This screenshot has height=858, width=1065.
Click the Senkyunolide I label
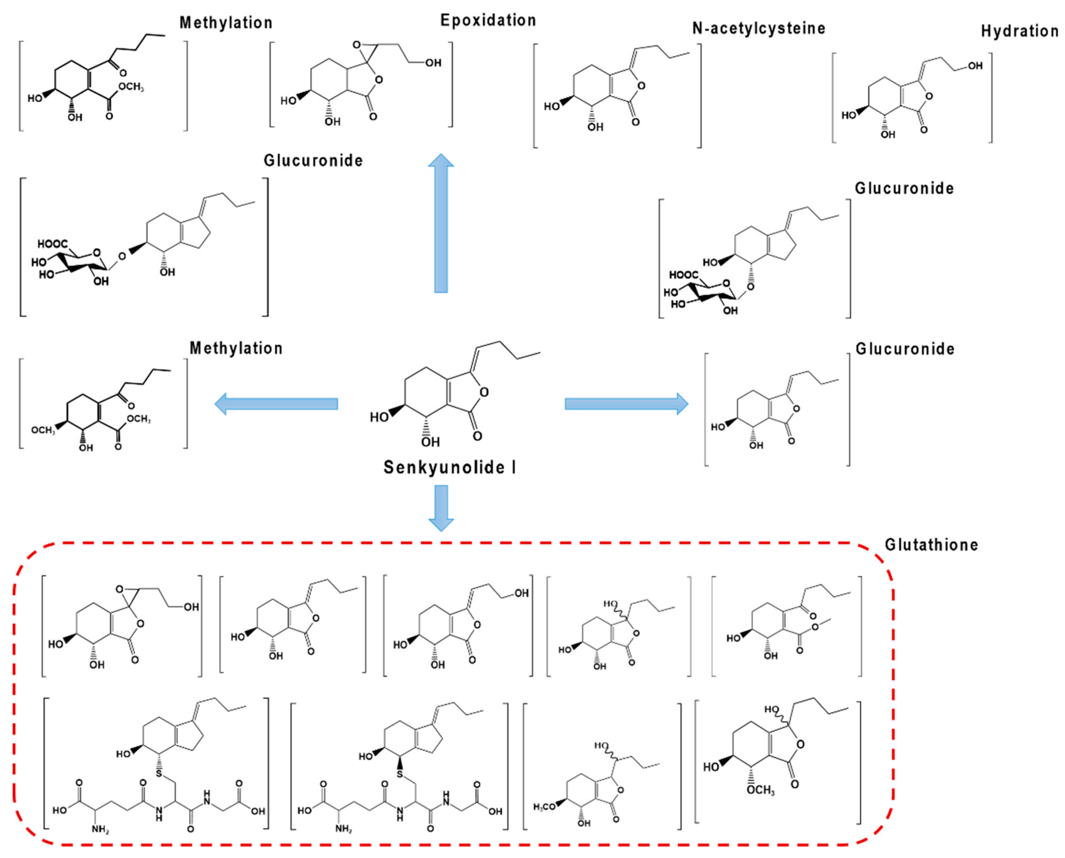[x=449, y=467]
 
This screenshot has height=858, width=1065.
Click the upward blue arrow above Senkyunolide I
[x=441, y=222]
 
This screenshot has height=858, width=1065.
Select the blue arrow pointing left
[x=277, y=404]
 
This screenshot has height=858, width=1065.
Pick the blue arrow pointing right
[x=626, y=404]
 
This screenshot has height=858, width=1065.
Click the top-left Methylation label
[x=226, y=23]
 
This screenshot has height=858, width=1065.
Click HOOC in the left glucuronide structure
[x=52, y=244]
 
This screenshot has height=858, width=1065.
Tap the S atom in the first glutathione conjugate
[x=159, y=773]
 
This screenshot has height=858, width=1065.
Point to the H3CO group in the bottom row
[x=544, y=807]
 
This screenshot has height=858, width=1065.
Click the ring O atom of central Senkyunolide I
[x=484, y=392]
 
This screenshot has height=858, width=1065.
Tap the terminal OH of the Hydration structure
[x=975, y=66]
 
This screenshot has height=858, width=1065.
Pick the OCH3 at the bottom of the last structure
[x=760, y=790]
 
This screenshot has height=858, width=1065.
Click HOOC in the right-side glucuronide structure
[x=684, y=275]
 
